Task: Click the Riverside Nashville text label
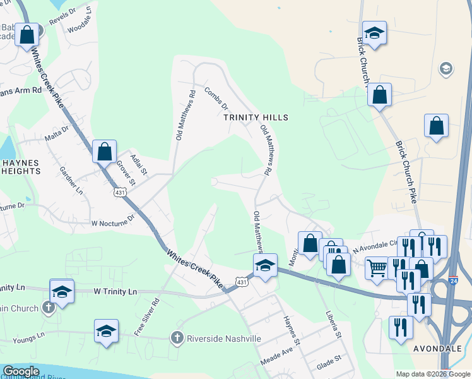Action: [224, 339]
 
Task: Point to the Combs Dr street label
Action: [216, 99]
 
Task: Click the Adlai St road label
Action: [138, 162]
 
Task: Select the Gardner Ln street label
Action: [71, 180]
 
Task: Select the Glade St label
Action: [329, 358]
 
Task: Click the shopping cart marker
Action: [377, 268]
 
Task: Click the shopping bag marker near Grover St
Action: [105, 152]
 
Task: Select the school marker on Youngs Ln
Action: [106, 331]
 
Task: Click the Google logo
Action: [21, 371]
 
